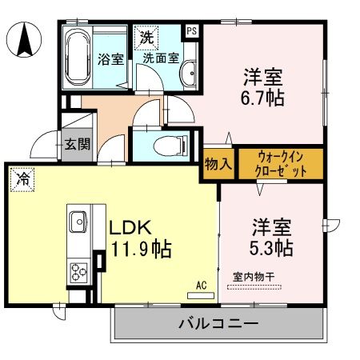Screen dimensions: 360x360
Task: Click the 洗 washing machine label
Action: [148, 37]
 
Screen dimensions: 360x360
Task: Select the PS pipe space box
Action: [192, 31]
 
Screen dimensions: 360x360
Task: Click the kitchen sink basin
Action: [78, 220]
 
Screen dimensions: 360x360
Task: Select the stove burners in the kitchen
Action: [78, 271]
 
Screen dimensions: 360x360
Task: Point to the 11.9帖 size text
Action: [140, 249]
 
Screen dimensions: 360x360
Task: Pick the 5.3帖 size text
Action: [270, 247]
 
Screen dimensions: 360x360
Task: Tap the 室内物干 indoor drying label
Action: [253, 277]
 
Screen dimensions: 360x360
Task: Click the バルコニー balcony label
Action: [217, 325]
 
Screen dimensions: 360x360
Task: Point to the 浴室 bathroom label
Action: [110, 58]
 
